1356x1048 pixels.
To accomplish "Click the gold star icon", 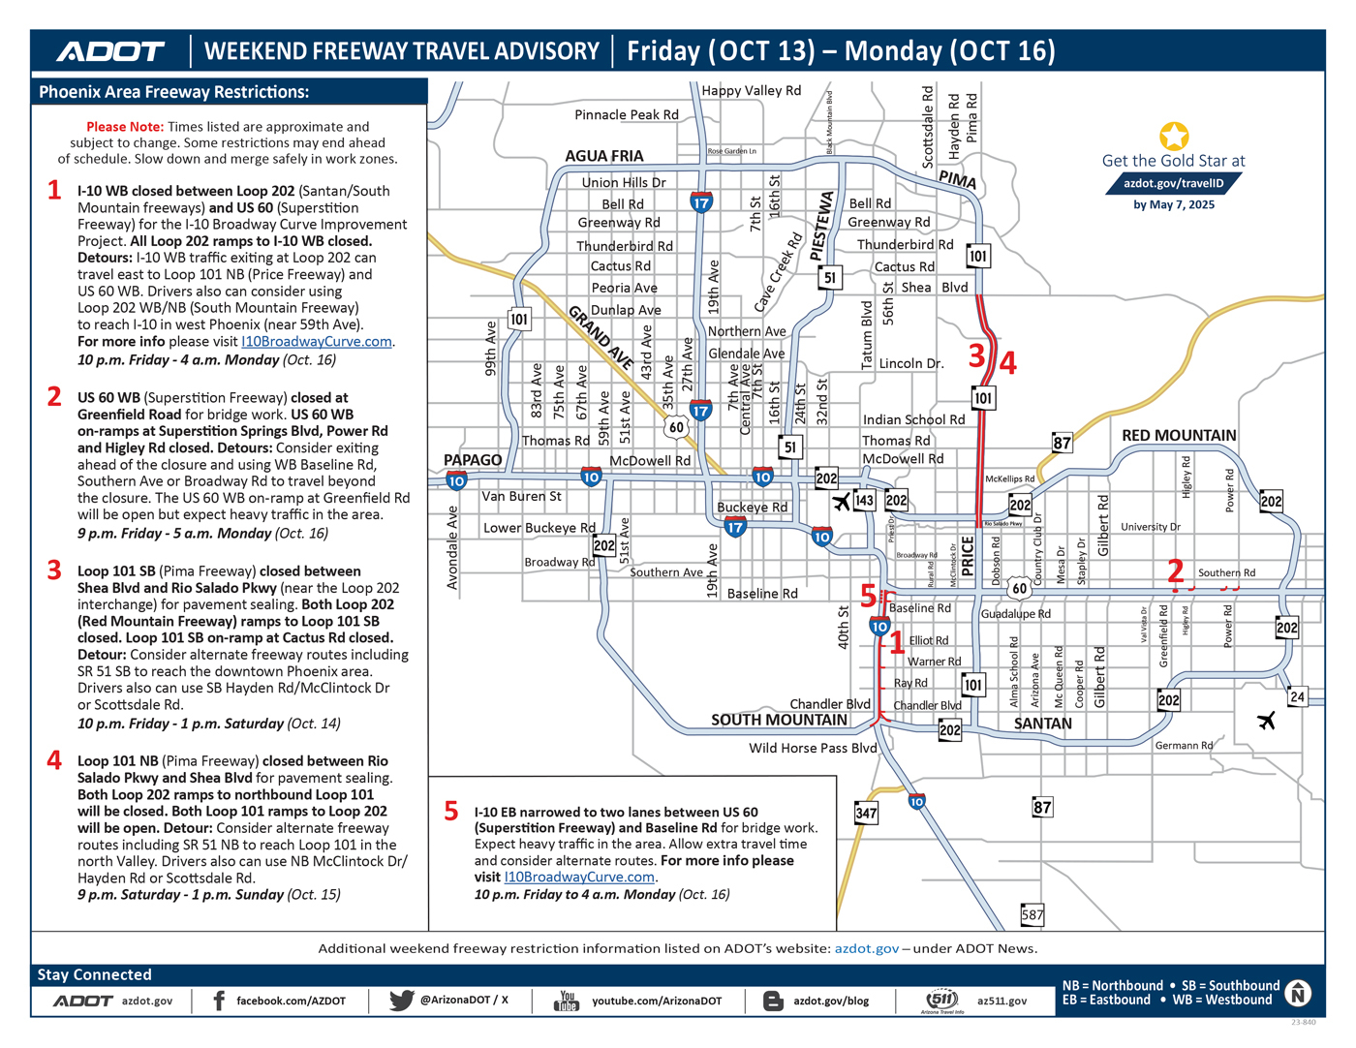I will point(1174,136).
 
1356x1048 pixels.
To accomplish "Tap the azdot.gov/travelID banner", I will point(1174,183).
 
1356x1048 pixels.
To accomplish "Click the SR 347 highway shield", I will point(866,813).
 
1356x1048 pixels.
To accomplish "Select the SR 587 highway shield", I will point(1032,914).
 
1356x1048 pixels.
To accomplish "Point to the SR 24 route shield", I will point(1297,696).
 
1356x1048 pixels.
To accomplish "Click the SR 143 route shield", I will point(864,500).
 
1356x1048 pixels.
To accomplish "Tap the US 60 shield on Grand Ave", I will point(676,427).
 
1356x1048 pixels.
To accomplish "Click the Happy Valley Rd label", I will point(752,90).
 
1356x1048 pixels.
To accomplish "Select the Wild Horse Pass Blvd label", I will point(813,748).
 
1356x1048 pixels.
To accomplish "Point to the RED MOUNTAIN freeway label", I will point(1179,435).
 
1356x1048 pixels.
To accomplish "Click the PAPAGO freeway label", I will point(473,459).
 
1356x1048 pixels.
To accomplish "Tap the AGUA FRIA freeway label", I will point(604,156).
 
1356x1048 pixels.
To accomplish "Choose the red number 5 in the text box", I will point(451,811).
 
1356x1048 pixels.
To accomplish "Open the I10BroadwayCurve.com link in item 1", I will point(317,341).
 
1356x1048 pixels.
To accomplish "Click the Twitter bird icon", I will point(401,1000).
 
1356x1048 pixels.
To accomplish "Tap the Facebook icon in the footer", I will point(219,1001).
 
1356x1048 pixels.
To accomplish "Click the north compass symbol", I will point(1298,993).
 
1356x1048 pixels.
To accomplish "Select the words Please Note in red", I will point(125,126).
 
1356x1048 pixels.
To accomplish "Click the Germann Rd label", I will point(1184,745).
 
